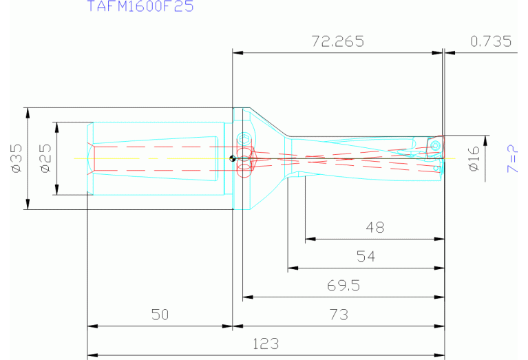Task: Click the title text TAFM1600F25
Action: (x=140, y=7)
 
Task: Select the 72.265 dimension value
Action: (x=337, y=41)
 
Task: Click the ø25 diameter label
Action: (x=45, y=158)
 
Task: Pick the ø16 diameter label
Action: (x=474, y=158)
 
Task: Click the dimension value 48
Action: (x=375, y=228)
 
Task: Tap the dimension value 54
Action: (x=366, y=257)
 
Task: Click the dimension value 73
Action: (x=338, y=315)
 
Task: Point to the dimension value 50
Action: (x=160, y=315)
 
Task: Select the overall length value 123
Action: (x=265, y=343)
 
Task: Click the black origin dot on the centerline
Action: (x=233, y=159)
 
